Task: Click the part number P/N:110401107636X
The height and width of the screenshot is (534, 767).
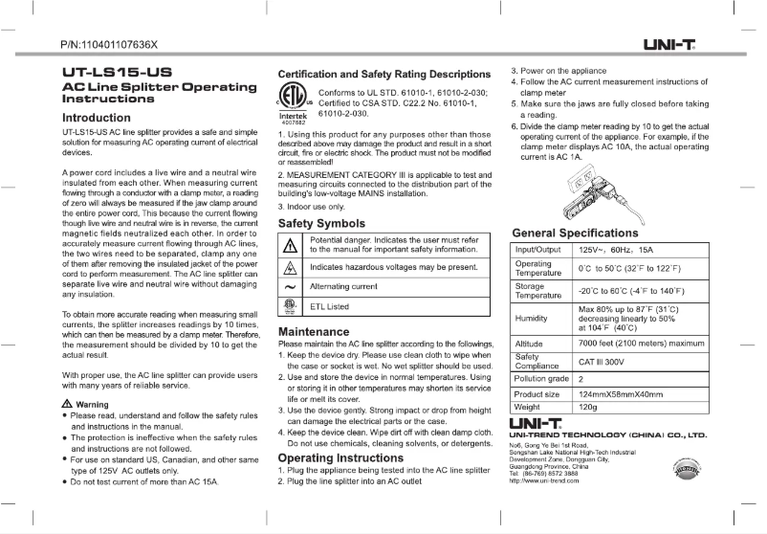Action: point(108,45)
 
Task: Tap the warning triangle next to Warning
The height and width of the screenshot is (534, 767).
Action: point(66,404)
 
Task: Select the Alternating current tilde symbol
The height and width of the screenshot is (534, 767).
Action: point(290,286)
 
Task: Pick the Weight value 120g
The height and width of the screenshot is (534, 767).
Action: point(588,407)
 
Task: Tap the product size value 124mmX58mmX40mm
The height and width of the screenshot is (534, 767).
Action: point(620,393)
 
